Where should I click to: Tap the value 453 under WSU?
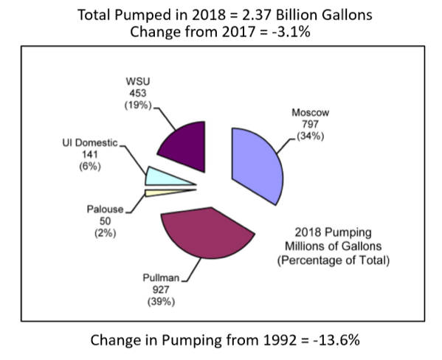[134, 93]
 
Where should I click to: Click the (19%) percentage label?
[134, 105]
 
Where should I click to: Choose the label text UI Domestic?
[89, 142]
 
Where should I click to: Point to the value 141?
[89, 155]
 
